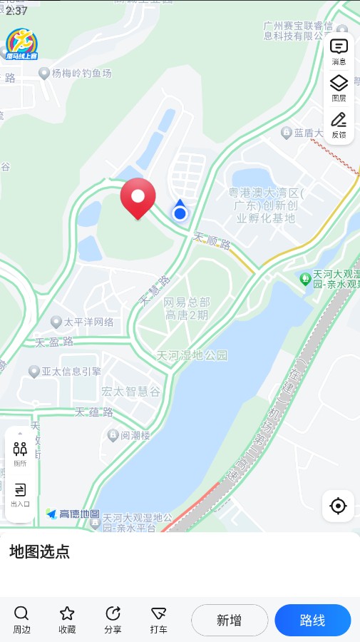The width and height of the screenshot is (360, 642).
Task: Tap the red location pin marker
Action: (138, 197)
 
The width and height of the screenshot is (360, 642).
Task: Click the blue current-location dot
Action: (180, 213)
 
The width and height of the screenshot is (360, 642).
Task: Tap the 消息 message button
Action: (339, 51)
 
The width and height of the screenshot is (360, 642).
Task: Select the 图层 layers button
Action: (339, 88)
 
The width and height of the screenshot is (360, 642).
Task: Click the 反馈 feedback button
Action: (339, 124)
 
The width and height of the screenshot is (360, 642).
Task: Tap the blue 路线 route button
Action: (312, 620)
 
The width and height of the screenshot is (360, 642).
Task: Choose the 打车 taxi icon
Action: (159, 619)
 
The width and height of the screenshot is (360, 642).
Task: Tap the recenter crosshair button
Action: (338, 506)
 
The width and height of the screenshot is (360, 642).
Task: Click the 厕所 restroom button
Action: (20, 452)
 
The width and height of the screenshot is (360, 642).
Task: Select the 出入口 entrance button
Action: (20, 494)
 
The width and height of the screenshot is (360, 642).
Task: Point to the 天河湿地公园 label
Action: (192, 355)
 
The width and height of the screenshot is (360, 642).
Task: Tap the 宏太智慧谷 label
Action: (130, 391)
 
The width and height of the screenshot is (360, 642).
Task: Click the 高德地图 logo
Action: (73, 514)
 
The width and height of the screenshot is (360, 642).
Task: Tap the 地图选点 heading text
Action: (39, 551)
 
